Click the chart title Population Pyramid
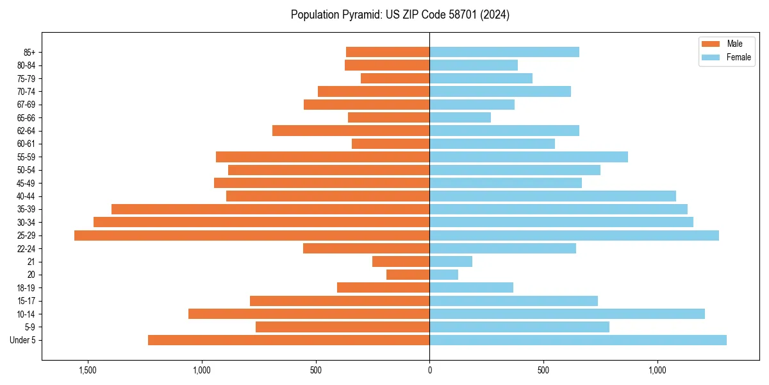click(x=400, y=15)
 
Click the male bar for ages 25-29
click(x=252, y=235)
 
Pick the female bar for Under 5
click(x=578, y=340)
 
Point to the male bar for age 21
click(x=401, y=262)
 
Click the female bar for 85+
click(x=504, y=52)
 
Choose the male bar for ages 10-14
click(x=309, y=314)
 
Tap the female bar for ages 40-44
click(x=552, y=196)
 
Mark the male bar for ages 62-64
click(x=351, y=131)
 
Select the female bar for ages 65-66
click(x=460, y=117)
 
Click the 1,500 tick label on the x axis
click(x=87, y=371)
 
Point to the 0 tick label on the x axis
click(x=429, y=371)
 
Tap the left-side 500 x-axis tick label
click(x=315, y=371)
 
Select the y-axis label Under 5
click(x=23, y=340)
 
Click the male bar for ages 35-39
click(x=270, y=209)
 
